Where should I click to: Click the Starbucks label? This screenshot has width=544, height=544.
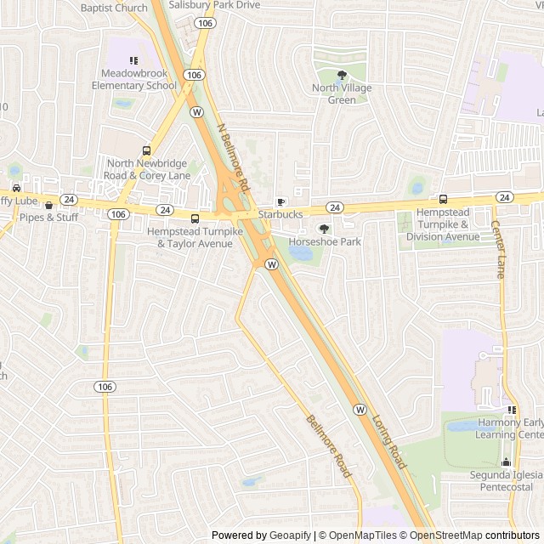coord(280,215)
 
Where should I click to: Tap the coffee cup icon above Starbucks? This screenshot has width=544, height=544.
coord(280,201)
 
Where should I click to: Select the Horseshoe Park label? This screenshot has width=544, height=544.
coord(325,242)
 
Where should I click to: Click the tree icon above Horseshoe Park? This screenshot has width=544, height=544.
coord(324,229)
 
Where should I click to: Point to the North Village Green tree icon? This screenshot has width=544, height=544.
coord(342,76)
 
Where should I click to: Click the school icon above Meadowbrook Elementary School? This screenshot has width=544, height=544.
coord(133,60)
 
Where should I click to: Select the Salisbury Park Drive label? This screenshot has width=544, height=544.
coord(214,5)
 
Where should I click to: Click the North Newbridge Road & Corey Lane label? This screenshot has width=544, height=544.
coord(148,169)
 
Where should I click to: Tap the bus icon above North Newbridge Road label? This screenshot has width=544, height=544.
coord(146,150)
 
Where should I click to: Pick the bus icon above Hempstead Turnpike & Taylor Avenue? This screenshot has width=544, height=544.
coord(195,218)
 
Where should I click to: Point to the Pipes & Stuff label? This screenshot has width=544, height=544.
coord(48,218)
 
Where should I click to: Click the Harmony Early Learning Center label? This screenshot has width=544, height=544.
coord(508,428)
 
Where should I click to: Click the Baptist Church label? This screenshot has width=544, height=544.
coord(114,8)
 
